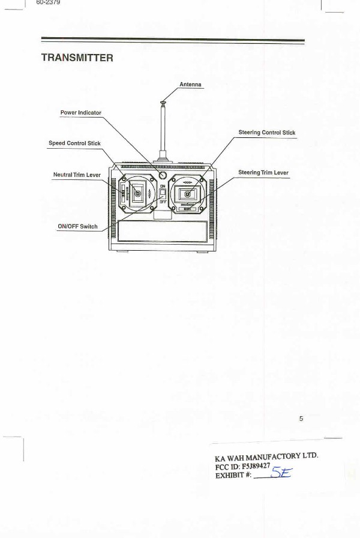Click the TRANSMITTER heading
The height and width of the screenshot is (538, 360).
(77, 58)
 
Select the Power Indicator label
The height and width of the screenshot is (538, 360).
(81, 113)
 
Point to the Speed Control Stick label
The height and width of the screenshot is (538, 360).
(74, 143)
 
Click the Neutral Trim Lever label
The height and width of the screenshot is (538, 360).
(77, 175)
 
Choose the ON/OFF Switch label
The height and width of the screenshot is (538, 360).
(77, 227)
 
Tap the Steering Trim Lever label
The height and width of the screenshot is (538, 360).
(263, 173)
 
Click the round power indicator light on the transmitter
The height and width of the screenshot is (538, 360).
(163, 175)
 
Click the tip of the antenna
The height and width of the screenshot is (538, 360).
(163, 103)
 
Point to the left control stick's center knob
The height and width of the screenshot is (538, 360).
(137, 193)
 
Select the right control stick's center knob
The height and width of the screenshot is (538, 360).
(187, 194)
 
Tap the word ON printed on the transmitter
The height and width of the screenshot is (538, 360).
(163, 187)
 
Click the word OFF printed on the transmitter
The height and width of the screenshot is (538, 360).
(163, 202)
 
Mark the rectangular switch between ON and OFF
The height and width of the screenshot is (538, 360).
(163, 194)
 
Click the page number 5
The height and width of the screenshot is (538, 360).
(301, 418)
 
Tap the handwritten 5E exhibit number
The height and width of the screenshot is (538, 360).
(281, 474)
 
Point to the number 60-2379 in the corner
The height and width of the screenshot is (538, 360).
(49, 2)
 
